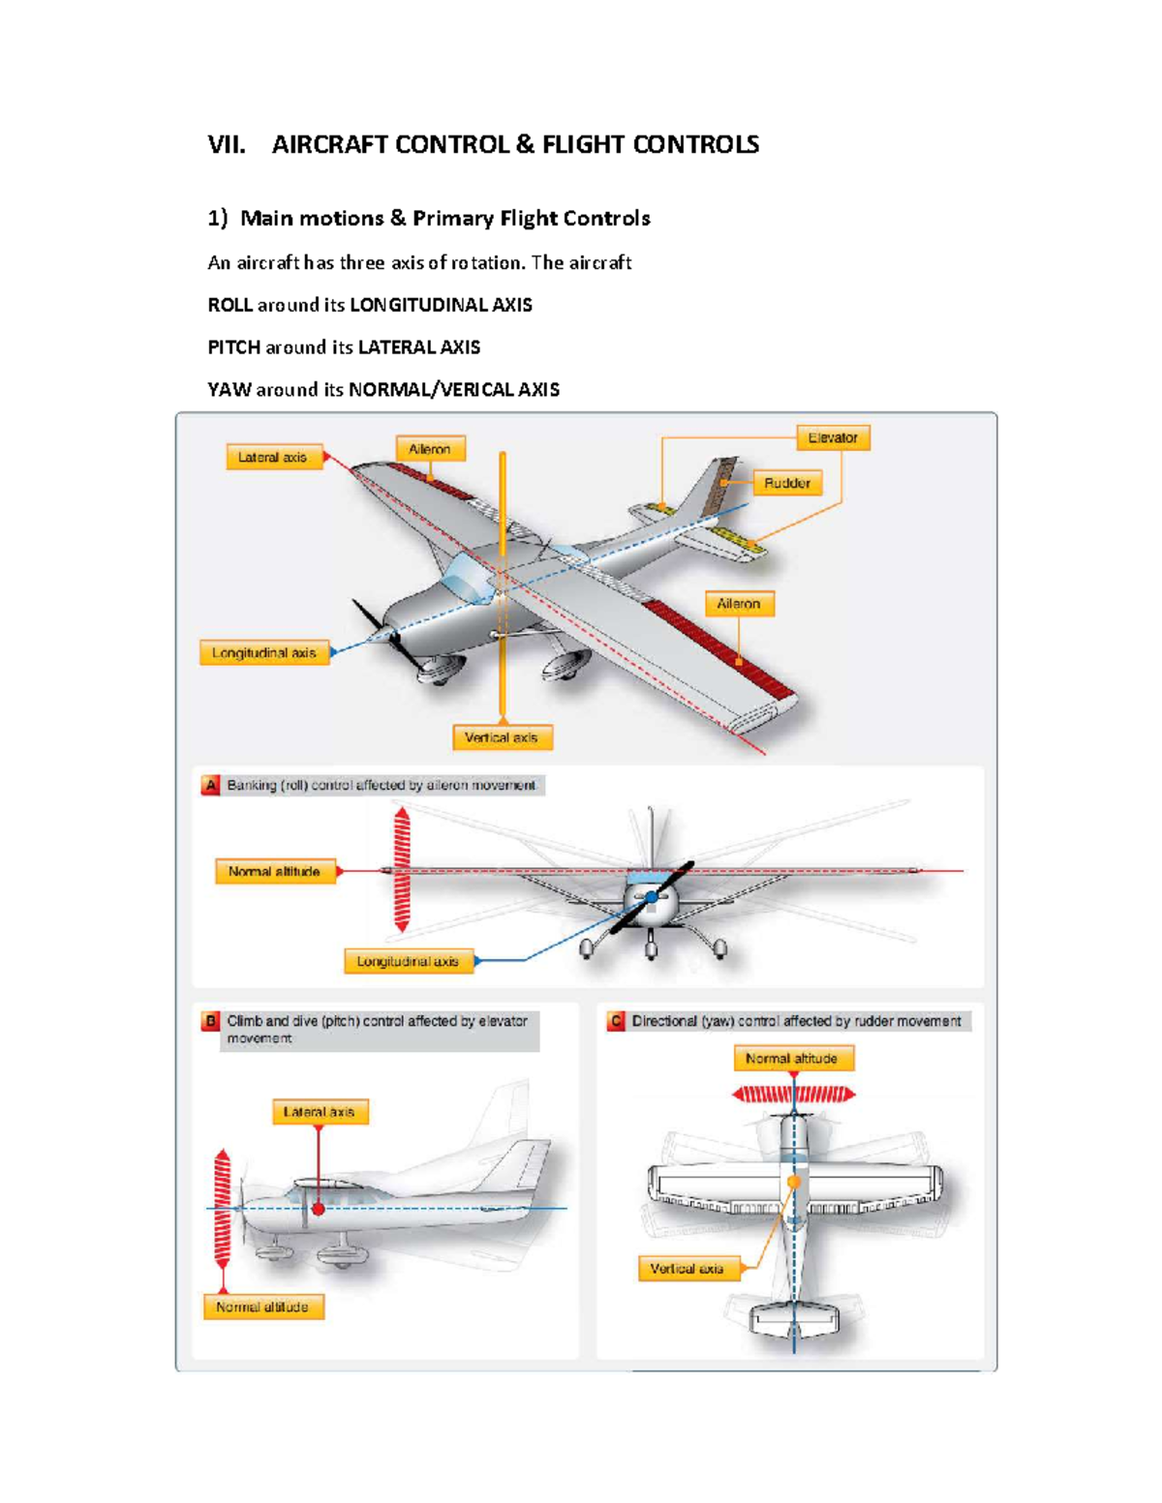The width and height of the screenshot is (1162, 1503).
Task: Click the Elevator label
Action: tap(833, 437)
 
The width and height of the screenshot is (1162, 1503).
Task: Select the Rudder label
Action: tap(787, 483)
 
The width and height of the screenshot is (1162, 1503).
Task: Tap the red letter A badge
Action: tap(210, 785)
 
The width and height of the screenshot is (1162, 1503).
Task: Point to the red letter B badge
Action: tap(210, 1021)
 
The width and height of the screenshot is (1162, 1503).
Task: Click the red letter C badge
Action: tap(616, 1021)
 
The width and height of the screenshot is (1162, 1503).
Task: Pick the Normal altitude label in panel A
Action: tap(274, 871)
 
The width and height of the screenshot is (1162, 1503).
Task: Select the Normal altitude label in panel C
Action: tap(792, 1059)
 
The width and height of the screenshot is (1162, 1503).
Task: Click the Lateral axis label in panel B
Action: tap(320, 1112)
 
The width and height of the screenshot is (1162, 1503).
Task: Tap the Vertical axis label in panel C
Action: tap(688, 1268)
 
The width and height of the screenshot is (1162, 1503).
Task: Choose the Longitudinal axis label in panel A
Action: tap(408, 961)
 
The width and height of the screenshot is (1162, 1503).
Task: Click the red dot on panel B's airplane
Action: tap(318, 1209)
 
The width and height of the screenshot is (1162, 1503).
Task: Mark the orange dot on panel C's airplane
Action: tap(794, 1182)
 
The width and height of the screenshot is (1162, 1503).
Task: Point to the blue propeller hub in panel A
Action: tap(652, 897)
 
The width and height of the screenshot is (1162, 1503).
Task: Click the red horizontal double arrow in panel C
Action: tap(794, 1095)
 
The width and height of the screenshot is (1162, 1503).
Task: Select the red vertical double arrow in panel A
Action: tap(402, 870)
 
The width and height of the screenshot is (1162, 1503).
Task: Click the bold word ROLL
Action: tap(229, 305)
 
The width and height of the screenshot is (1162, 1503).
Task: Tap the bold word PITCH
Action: tap(234, 347)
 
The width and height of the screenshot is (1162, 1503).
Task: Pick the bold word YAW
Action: tap(229, 390)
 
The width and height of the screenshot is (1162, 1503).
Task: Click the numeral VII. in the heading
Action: tap(227, 145)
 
